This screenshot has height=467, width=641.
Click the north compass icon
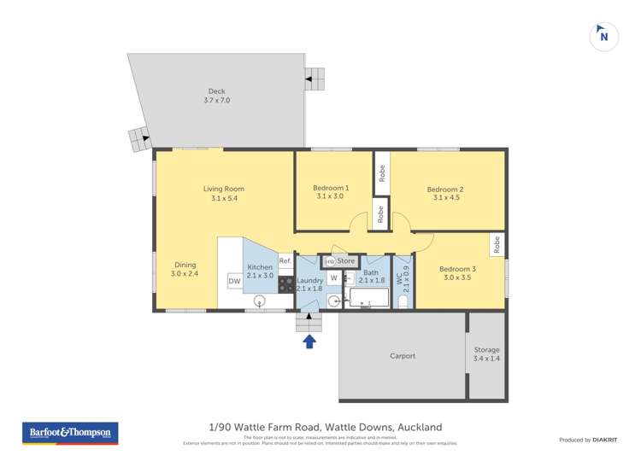click(604, 37)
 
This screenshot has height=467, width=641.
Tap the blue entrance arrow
click(309, 341)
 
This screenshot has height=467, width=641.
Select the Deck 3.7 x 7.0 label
click(217, 96)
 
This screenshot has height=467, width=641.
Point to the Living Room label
click(223, 194)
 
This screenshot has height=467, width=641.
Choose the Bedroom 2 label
click(445, 194)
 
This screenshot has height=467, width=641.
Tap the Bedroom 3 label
click(457, 272)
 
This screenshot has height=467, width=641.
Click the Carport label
click(403, 356)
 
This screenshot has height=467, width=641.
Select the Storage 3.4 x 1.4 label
click(486, 354)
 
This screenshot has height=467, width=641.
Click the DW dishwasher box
click(233, 282)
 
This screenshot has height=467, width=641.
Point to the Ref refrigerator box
click(285, 261)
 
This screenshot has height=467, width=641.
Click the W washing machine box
click(333, 277)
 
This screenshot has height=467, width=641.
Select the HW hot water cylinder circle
click(330, 261)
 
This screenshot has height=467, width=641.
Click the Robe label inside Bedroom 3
click(496, 245)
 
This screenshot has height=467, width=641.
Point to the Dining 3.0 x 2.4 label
click(185, 270)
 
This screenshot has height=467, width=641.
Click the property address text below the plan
click(326, 427)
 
